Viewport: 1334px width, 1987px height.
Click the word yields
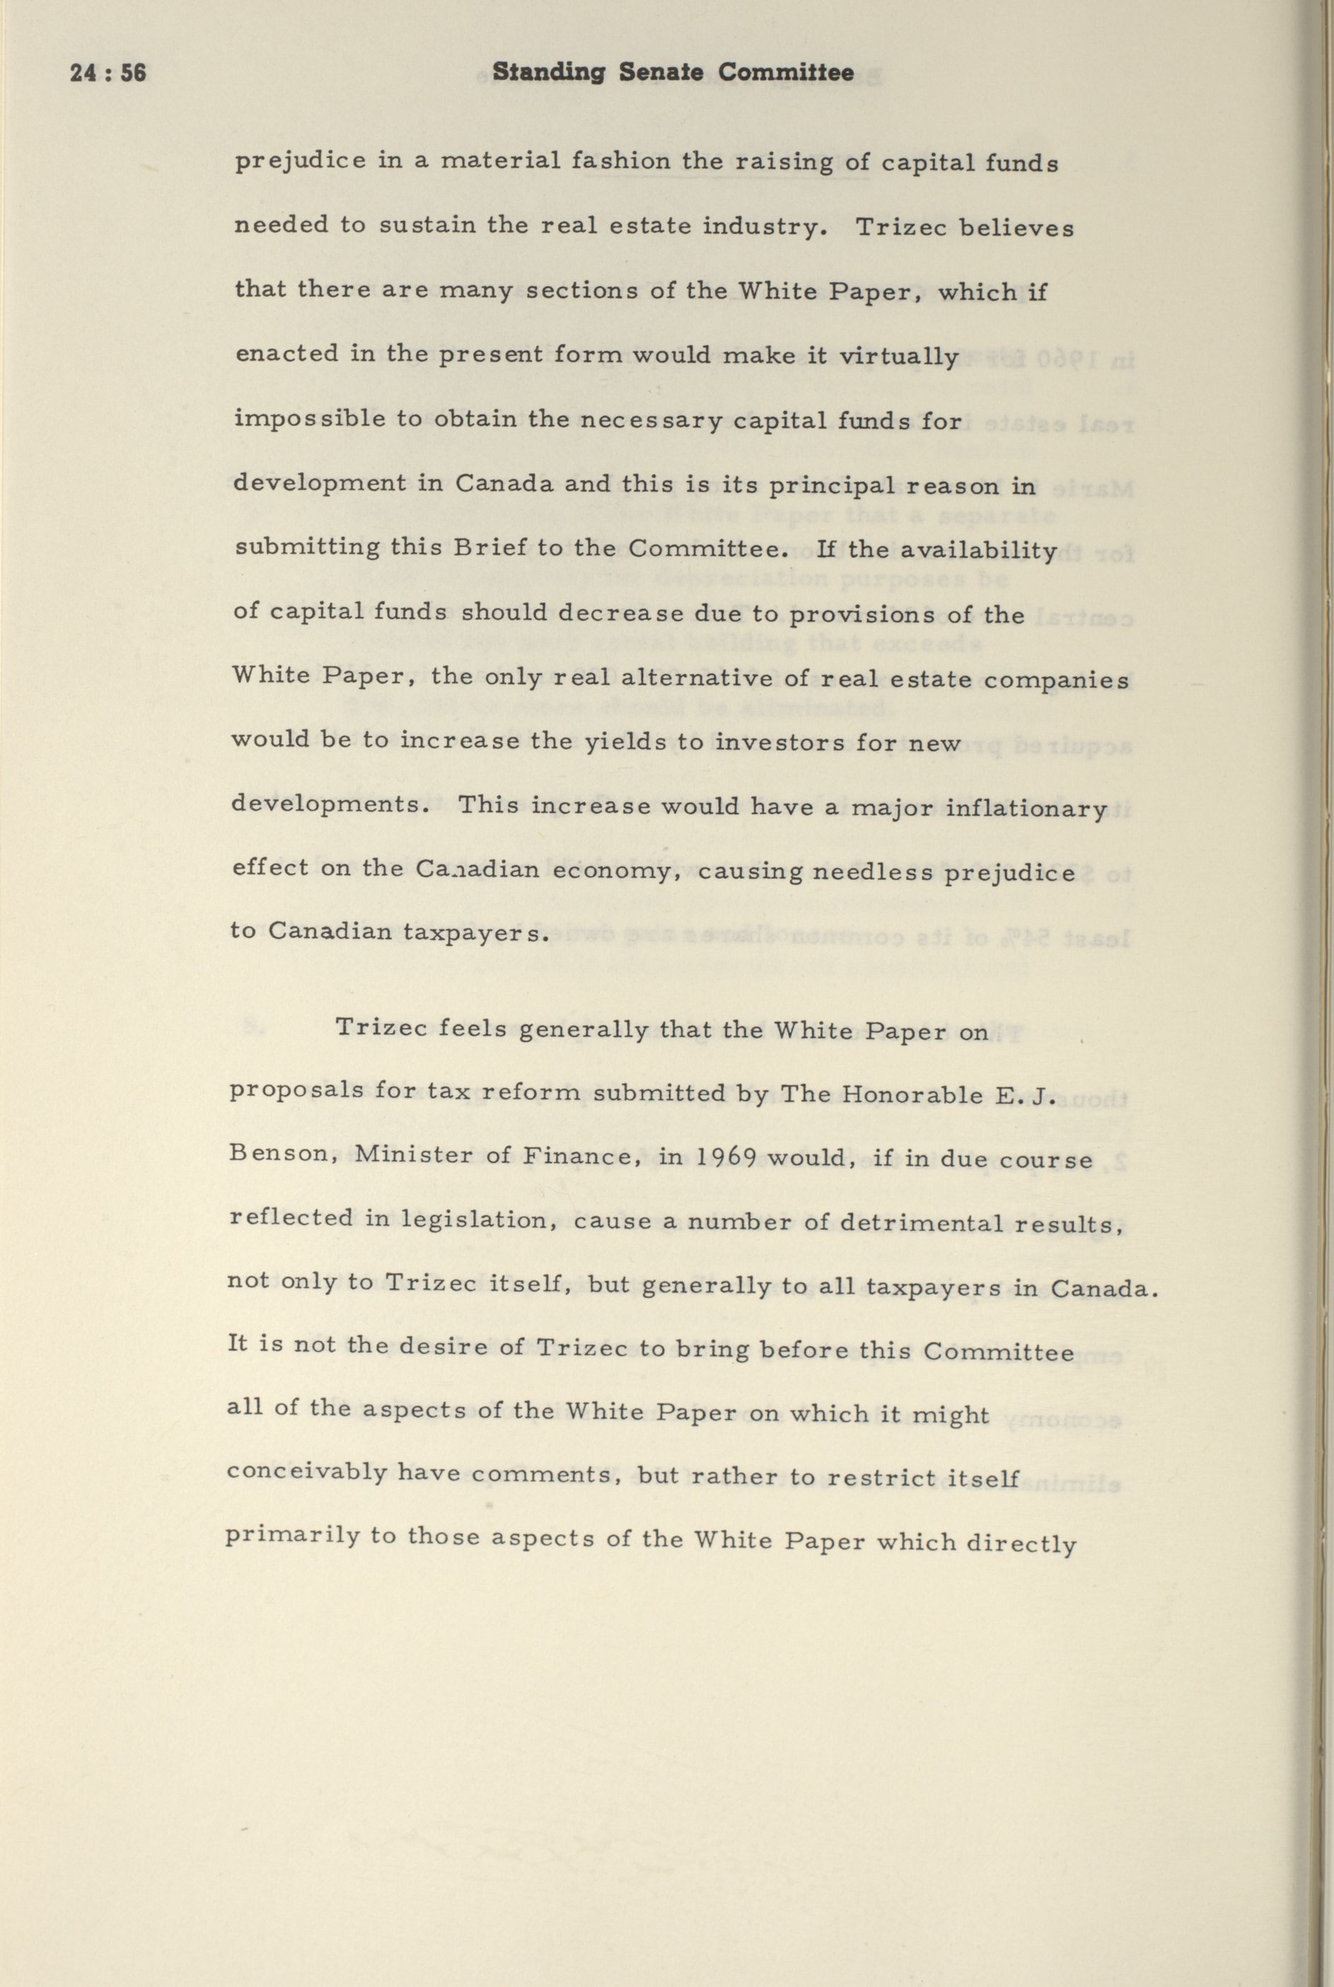click(x=625, y=743)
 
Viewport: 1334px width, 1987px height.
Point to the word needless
click(x=889, y=873)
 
